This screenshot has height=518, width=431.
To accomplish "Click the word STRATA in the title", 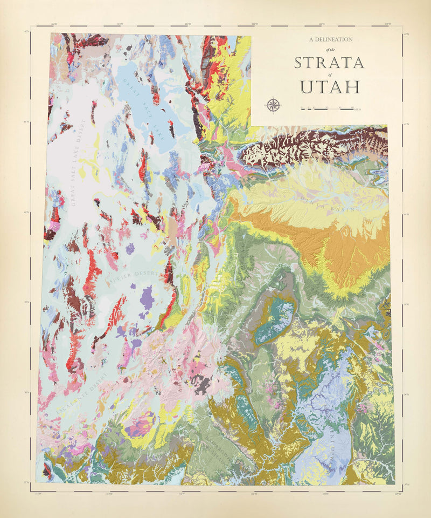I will (329, 63).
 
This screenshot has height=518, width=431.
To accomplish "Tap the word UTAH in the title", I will (330, 86).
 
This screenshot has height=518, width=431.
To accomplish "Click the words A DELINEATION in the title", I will (331, 39).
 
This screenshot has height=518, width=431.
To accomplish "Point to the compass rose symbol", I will (273, 105).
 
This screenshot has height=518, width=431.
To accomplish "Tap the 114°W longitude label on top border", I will (53, 24).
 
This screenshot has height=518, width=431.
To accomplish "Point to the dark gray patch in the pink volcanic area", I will (203, 384).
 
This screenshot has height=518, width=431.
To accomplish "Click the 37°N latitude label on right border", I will (407, 483).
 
